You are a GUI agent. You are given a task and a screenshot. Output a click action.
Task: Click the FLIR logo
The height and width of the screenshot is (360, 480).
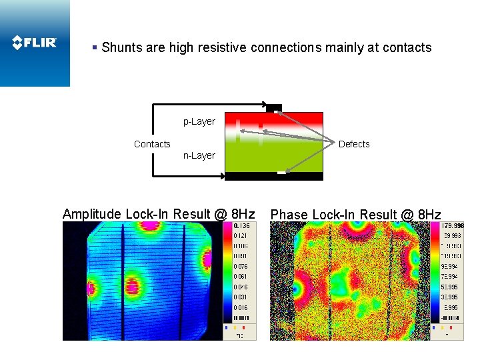point(35,43)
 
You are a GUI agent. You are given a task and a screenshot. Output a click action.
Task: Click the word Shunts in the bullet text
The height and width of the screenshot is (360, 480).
point(121,48)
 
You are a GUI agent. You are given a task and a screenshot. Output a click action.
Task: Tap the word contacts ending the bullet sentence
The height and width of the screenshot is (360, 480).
point(407,48)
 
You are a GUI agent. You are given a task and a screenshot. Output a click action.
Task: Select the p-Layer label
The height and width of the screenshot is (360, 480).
point(199,121)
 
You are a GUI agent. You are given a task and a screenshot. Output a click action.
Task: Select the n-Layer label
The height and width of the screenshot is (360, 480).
point(199,155)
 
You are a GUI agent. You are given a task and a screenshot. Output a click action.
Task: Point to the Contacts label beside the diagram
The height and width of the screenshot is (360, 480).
point(152,144)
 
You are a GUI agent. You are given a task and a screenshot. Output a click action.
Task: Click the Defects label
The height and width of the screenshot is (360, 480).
point(353,144)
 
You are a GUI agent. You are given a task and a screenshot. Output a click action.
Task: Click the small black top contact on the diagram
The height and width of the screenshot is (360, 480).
point(273,107)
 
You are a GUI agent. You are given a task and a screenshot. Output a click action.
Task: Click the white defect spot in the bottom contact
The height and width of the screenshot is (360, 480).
point(281,173)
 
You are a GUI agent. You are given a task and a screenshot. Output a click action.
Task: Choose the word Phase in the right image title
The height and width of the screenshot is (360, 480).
point(289,215)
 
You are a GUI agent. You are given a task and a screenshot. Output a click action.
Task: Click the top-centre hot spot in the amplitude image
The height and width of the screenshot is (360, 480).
point(150,225)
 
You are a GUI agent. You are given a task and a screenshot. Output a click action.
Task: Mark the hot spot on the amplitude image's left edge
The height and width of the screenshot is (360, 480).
point(91,289)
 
